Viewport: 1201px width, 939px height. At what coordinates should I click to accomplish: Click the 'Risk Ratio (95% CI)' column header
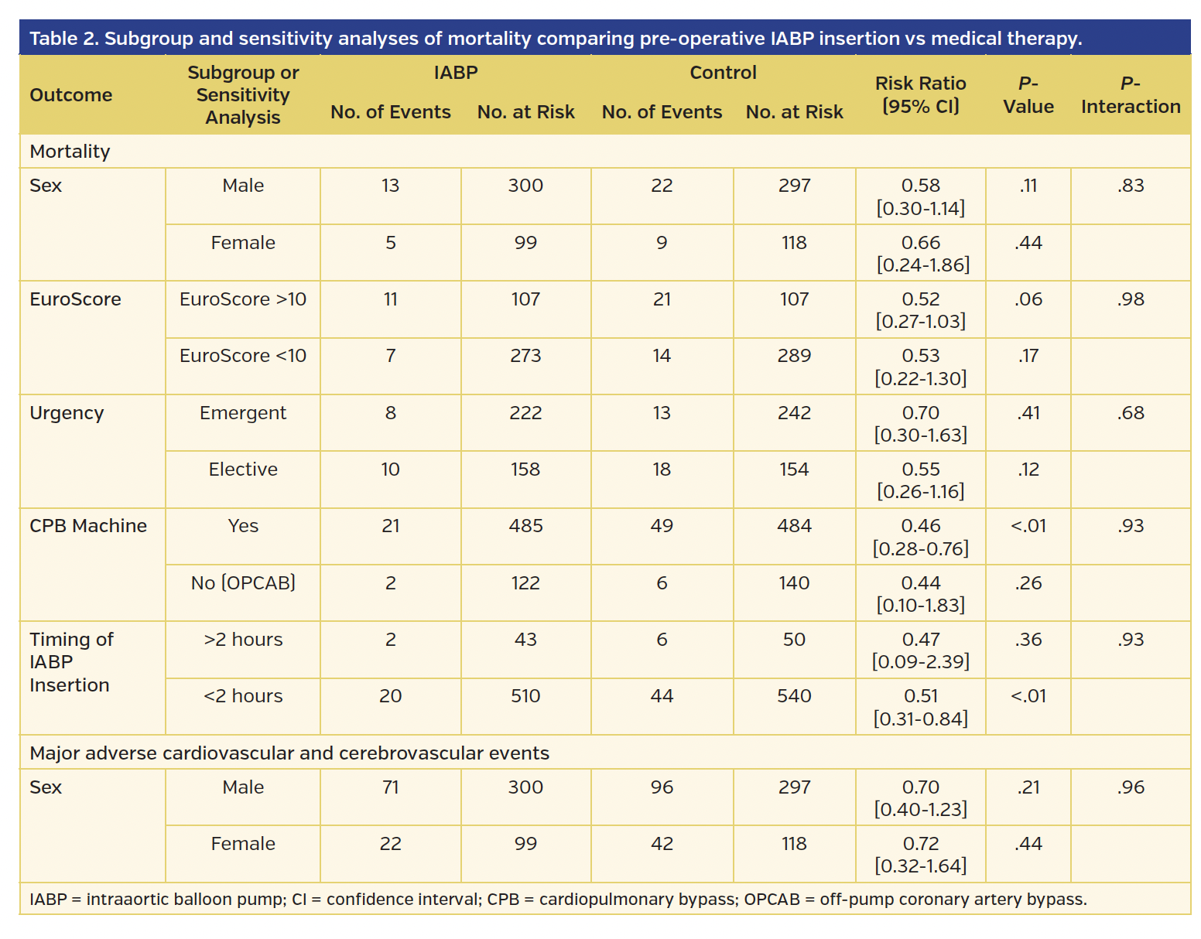point(920,94)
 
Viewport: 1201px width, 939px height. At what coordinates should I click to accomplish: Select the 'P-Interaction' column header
point(1130,94)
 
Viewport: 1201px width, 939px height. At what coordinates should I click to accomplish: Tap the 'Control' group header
point(723,73)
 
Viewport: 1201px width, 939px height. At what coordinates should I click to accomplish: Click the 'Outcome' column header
point(71,95)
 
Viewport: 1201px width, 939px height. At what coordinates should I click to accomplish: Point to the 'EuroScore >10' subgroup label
point(243,299)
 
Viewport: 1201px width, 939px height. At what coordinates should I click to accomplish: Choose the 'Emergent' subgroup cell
point(243,413)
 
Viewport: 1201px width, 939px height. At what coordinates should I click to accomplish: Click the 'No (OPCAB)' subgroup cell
point(243,582)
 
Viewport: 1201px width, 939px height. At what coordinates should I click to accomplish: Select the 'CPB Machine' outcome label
point(88,526)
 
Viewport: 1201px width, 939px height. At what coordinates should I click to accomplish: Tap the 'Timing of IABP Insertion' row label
point(71,662)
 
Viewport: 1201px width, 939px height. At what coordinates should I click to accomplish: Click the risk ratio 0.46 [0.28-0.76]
point(920,537)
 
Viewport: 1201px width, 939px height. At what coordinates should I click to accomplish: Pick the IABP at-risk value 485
point(525,526)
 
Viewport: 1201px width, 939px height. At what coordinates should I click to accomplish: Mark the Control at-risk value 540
point(794,696)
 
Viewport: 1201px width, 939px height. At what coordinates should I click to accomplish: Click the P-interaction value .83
point(1130,186)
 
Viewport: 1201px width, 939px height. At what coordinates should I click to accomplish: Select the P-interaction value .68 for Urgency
point(1130,413)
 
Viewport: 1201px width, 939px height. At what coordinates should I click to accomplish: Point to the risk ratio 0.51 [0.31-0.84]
point(920,707)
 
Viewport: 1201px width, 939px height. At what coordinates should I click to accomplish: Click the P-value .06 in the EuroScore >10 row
point(1028,299)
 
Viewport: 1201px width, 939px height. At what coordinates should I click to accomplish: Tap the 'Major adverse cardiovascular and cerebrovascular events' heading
point(289,753)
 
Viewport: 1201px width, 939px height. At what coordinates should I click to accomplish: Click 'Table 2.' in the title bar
point(63,39)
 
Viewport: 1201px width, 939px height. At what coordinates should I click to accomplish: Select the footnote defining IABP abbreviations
point(557,900)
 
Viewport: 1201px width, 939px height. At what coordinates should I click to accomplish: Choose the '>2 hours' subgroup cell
point(243,640)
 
